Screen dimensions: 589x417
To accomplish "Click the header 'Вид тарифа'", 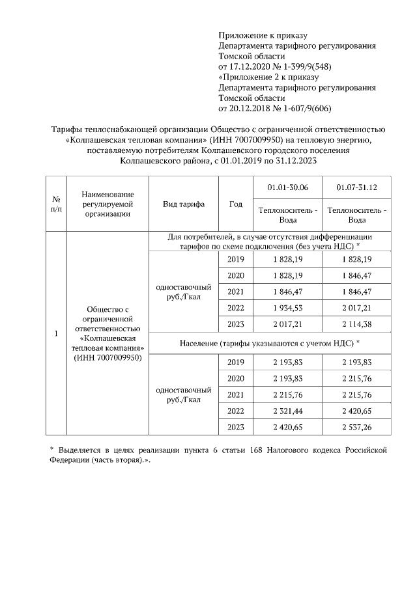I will click(x=184, y=204).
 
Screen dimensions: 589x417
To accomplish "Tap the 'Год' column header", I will click(x=236, y=204).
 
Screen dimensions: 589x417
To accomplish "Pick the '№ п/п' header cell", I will click(x=57, y=204).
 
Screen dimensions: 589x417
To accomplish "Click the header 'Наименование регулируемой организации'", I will click(x=108, y=204).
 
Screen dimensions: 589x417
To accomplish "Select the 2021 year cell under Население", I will click(x=236, y=394).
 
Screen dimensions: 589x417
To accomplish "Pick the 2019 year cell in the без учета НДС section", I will click(x=236, y=259).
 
